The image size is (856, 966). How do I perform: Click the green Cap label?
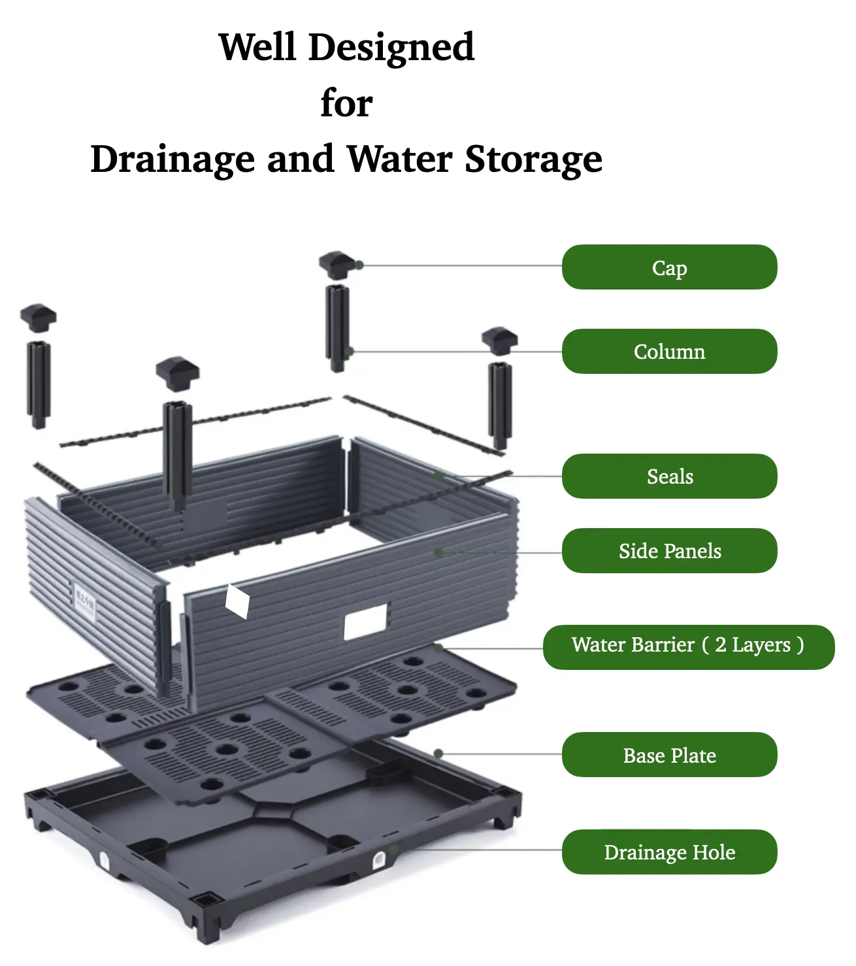point(668,267)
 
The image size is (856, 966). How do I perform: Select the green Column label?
point(668,352)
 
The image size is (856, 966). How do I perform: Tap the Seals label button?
point(668,476)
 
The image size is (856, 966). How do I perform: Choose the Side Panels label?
point(668,551)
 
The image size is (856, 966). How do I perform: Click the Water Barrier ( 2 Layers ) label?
point(688,647)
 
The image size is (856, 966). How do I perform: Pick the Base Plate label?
point(668,755)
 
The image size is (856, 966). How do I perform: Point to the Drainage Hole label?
point(668,852)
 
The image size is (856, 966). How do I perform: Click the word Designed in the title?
point(391,48)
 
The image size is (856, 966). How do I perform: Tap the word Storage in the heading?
point(533,159)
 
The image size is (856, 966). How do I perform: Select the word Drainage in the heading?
point(173,159)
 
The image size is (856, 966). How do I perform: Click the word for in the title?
point(346,103)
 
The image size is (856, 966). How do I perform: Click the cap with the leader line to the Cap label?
point(337,265)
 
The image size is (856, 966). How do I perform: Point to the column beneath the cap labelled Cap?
point(337,328)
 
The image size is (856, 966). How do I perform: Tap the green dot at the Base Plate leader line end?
point(438,754)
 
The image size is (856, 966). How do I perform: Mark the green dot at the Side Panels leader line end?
point(438,552)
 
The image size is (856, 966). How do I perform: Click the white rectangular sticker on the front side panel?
point(365,622)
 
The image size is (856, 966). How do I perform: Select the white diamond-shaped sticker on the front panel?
point(237,601)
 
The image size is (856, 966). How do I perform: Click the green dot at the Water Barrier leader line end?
point(438,648)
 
